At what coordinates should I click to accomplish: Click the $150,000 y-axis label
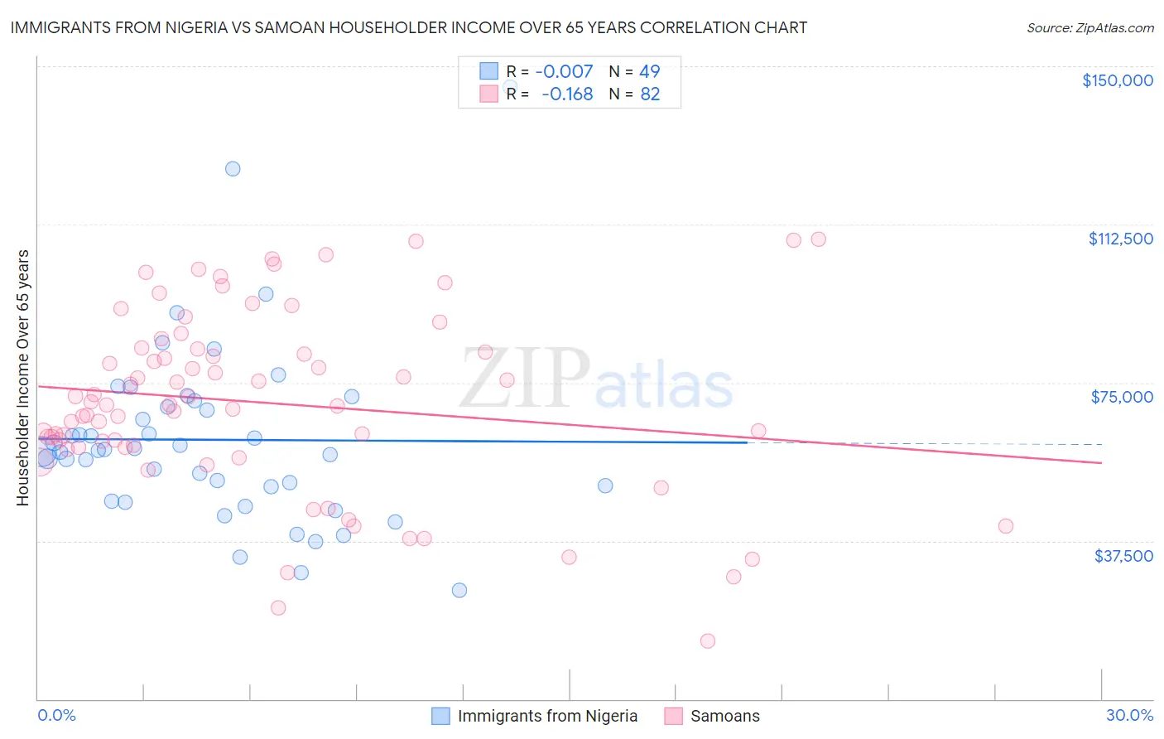coord(1117,80)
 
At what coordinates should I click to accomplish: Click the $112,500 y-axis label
coord(1120,239)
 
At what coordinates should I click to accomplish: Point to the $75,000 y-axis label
coord(1122,397)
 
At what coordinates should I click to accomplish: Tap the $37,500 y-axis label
coord(1123,556)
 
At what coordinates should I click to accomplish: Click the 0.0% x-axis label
coord(56,715)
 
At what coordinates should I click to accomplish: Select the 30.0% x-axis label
coord(1129,715)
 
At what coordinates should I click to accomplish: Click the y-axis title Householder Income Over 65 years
coord(23,378)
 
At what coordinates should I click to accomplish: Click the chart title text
coord(408,27)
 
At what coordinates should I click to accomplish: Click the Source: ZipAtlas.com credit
coord(1089,27)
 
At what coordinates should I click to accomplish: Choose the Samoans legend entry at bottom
coord(724,716)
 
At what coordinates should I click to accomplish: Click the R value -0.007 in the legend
coord(564,71)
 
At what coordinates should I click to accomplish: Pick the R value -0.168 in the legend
coord(567,94)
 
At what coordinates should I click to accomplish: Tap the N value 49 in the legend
coord(650,71)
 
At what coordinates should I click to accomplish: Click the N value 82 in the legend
coord(650,94)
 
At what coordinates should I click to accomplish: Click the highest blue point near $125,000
coord(233,169)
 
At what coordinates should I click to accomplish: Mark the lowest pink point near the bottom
coord(707,641)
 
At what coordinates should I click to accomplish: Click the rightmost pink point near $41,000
coord(1006,526)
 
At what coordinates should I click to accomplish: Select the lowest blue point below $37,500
coord(459,591)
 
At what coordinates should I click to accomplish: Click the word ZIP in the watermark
coord(524,379)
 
